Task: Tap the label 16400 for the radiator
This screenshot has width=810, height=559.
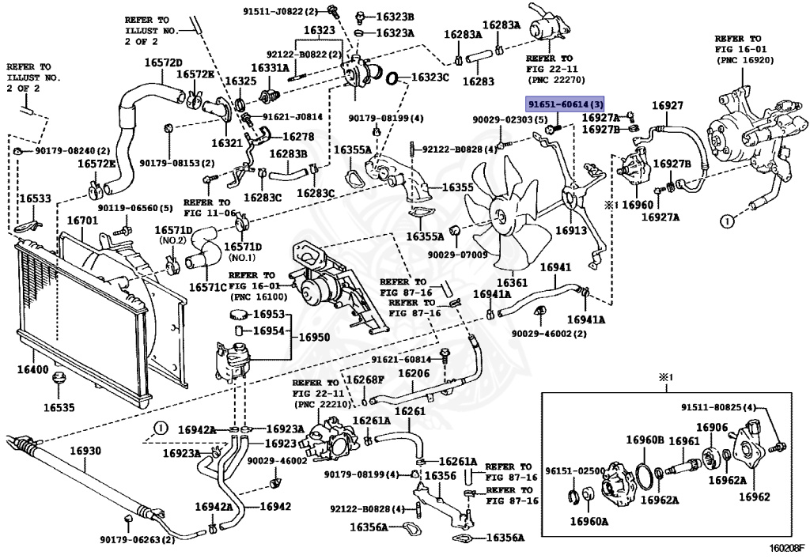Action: pyautogui.click(x=32, y=369)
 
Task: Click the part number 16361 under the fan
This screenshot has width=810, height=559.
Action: pyautogui.click(x=512, y=283)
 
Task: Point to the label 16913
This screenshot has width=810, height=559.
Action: pyautogui.click(x=571, y=230)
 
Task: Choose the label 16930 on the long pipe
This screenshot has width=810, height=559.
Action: pyautogui.click(x=85, y=451)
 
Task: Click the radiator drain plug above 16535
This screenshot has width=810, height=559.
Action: pyautogui.click(x=59, y=380)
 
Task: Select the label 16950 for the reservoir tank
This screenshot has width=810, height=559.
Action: pyautogui.click(x=315, y=338)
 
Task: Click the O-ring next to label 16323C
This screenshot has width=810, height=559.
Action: pyautogui.click(x=392, y=78)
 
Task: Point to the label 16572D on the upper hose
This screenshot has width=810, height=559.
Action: pyautogui.click(x=163, y=62)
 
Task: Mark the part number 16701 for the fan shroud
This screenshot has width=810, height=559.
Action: pyautogui.click(x=82, y=221)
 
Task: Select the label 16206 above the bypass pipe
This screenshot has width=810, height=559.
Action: pyautogui.click(x=414, y=372)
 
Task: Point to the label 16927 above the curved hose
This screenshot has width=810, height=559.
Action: pyautogui.click(x=668, y=105)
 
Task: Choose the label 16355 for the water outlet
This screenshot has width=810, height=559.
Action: pyautogui.click(x=458, y=187)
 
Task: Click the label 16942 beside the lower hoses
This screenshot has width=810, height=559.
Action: pyautogui.click(x=275, y=506)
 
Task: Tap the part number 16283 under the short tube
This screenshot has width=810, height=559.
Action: pyautogui.click(x=478, y=81)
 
